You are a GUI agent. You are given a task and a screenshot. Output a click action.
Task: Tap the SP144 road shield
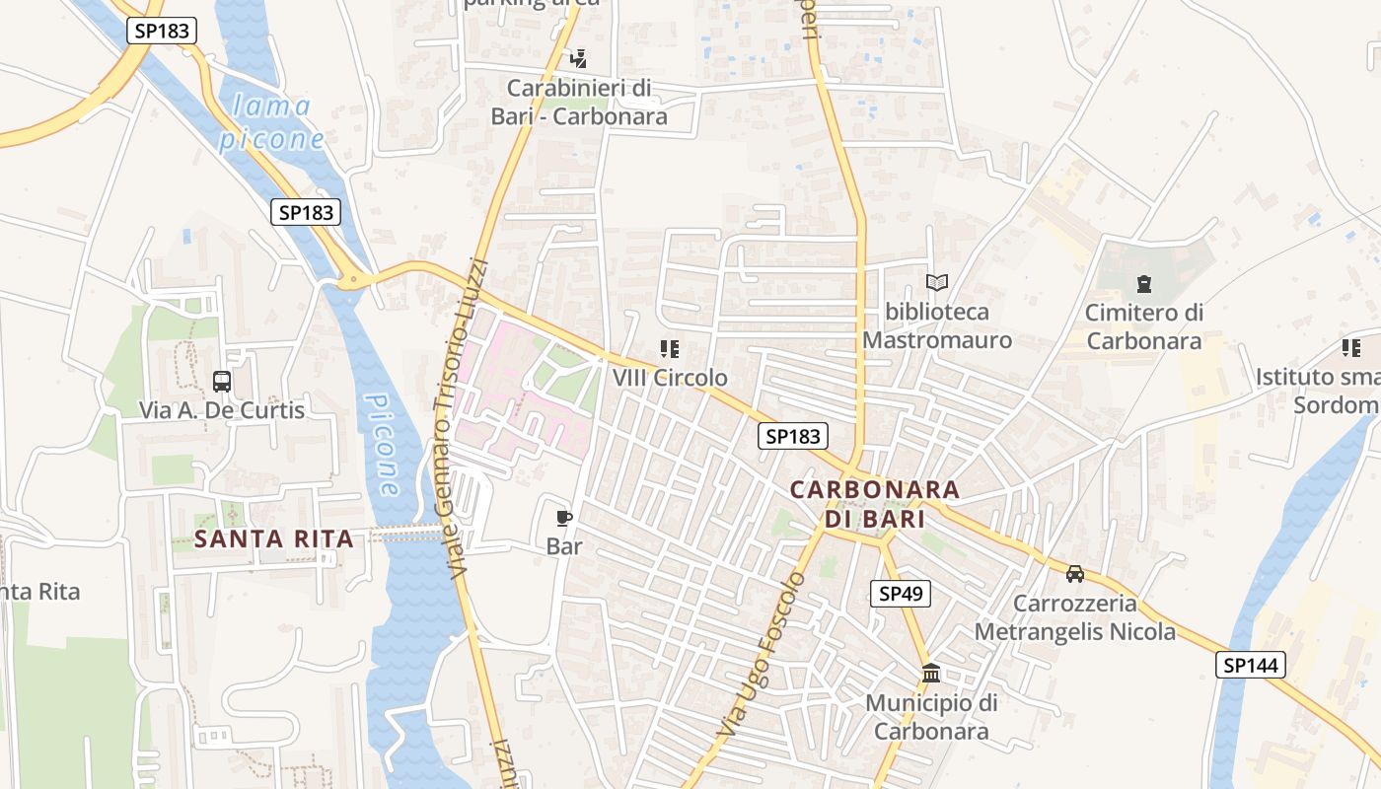pyautogui.click(x=1250, y=665)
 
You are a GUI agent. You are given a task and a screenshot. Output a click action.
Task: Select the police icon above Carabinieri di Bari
pyautogui.click(x=579, y=58)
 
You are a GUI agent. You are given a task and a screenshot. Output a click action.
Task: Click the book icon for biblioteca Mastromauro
pyautogui.click(x=937, y=283)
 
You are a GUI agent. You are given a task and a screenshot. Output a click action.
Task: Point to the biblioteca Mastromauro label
pyautogui.click(x=937, y=326)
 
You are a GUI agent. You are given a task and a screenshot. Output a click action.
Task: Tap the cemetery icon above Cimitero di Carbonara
pyautogui.click(x=1143, y=285)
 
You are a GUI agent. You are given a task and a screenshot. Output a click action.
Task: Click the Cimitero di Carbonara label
pyautogui.click(x=1143, y=327)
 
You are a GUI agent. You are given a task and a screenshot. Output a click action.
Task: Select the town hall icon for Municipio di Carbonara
pyautogui.click(x=930, y=674)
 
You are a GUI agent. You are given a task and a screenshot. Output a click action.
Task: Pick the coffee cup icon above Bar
pyautogui.click(x=564, y=518)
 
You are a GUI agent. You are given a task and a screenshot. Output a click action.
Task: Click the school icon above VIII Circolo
pyautogui.click(x=670, y=349)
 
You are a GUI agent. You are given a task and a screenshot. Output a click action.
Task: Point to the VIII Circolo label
pyautogui.click(x=670, y=378)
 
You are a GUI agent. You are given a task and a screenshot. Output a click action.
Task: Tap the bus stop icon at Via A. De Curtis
pyautogui.click(x=222, y=381)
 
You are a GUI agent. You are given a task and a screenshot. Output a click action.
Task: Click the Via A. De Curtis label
pyautogui.click(x=222, y=410)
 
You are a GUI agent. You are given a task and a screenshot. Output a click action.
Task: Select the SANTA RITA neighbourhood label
pyautogui.click(x=273, y=538)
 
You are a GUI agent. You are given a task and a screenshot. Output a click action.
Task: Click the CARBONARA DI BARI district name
pyautogui.click(x=875, y=504)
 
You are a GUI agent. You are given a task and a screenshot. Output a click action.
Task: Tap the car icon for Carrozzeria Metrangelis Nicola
pyautogui.click(x=1075, y=573)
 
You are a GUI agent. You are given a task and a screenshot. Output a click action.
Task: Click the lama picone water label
pyautogui.click(x=270, y=122)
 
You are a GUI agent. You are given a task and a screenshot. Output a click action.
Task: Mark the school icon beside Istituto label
pyautogui.click(x=1350, y=347)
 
